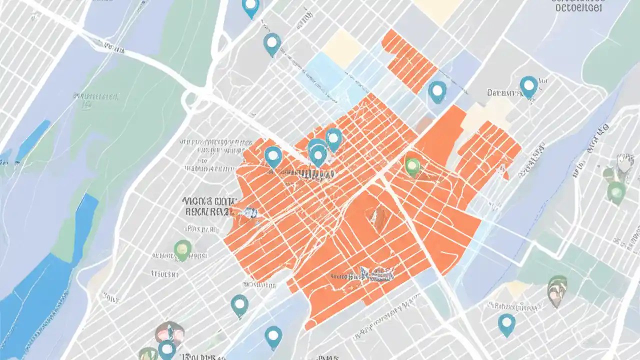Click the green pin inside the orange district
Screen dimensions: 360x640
412,166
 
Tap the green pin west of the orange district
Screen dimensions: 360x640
182,248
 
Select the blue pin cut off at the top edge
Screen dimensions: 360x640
250,6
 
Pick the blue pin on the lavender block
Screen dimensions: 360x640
437,91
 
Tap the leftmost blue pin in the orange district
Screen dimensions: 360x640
272,156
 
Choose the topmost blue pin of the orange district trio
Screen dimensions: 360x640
333,137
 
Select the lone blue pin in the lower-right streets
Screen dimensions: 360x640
506,324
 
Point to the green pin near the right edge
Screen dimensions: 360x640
616,191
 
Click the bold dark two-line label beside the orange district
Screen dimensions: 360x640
207,206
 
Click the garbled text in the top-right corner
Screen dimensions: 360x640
579,6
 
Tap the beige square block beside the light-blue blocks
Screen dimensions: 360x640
342,48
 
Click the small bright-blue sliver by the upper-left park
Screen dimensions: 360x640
33,141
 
